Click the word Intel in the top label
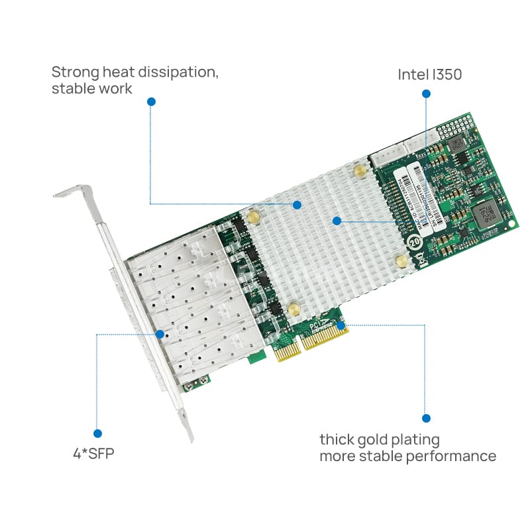click(413, 75)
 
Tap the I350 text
click(447, 75)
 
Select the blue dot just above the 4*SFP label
click(97, 433)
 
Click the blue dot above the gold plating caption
click(426, 418)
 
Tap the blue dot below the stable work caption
click(151, 102)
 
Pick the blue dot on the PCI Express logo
click(341, 325)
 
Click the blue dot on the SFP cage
click(160, 334)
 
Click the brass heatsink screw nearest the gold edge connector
click(293, 308)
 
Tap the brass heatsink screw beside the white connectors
click(358, 172)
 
